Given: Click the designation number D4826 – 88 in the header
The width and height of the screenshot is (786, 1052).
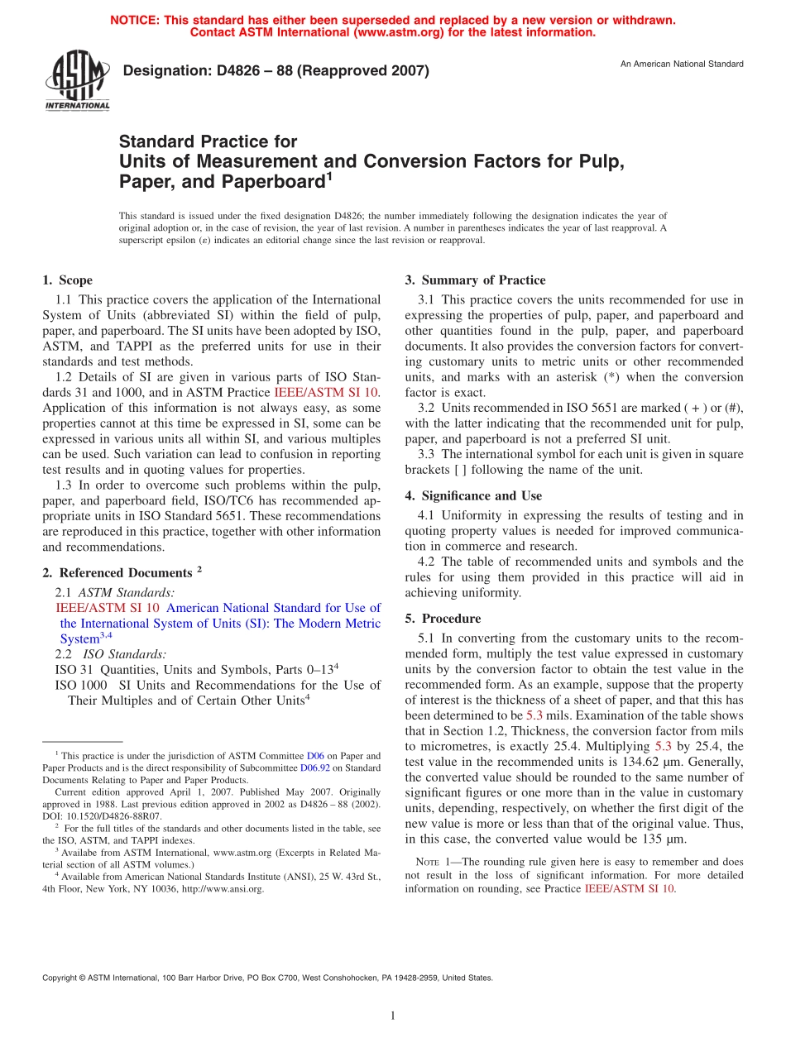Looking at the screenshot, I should pyautogui.click(x=276, y=71).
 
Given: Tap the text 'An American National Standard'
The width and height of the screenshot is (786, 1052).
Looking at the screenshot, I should pyautogui.click(x=682, y=64).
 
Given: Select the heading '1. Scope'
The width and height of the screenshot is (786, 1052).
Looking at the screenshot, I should pyautogui.click(x=67, y=280).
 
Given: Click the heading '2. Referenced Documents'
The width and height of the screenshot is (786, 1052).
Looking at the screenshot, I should pyautogui.click(x=121, y=572).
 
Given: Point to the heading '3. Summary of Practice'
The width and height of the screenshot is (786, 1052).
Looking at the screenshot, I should pyautogui.click(x=475, y=280).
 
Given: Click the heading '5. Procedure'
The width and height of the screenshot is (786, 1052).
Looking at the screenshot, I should pyautogui.click(x=443, y=618).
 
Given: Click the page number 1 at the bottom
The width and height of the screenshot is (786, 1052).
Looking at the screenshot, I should pyautogui.click(x=393, y=1016).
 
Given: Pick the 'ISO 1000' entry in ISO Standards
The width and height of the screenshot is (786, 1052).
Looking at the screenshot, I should pyautogui.click(x=80, y=685).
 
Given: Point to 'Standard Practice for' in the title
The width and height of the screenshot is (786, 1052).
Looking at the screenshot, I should pyautogui.click(x=208, y=141).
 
